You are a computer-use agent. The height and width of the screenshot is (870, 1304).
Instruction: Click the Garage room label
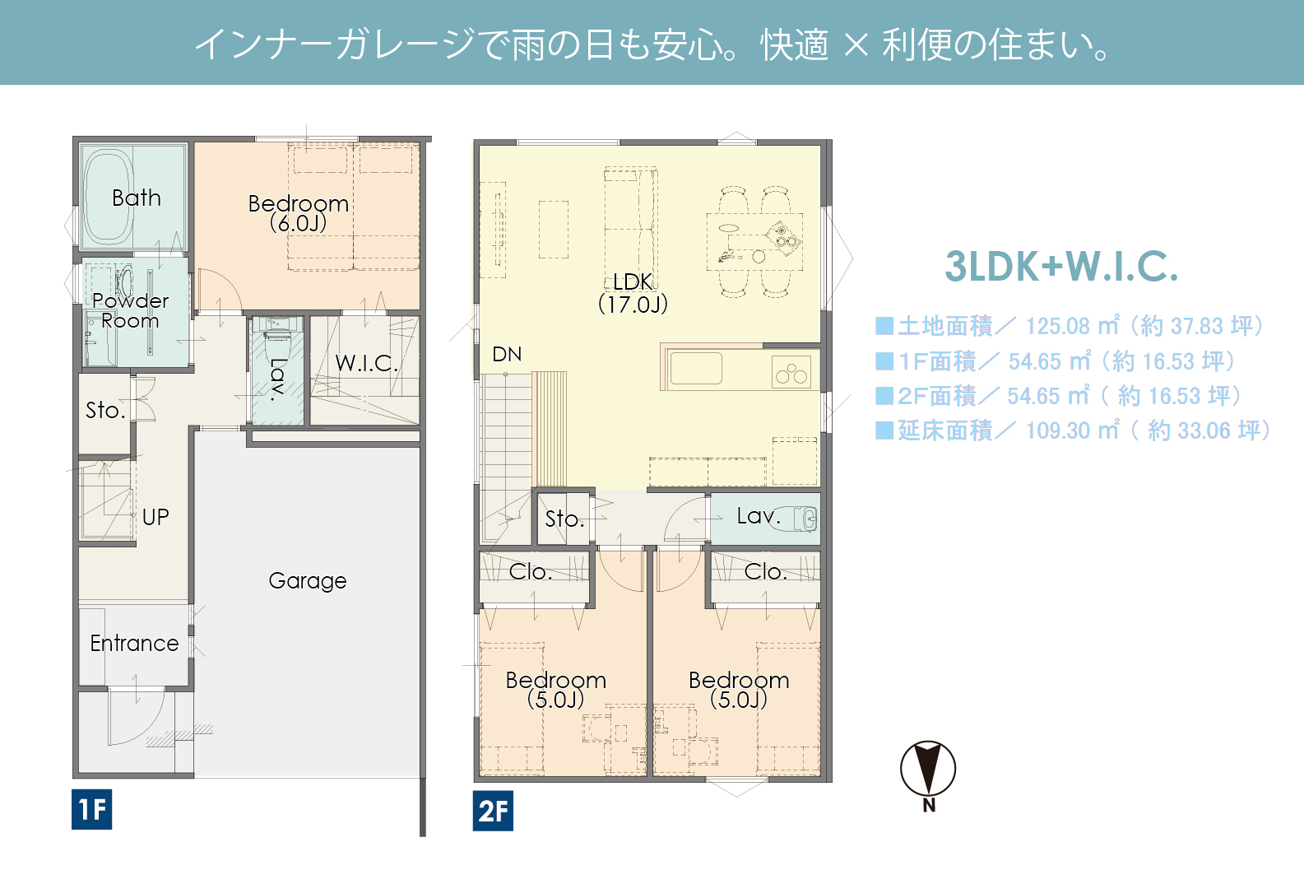308,581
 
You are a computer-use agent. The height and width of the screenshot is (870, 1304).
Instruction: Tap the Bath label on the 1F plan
137,198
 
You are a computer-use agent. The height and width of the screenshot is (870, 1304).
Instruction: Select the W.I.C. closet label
366,363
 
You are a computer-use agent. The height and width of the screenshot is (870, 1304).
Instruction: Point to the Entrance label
134,644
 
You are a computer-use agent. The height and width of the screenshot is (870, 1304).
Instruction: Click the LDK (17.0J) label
633,293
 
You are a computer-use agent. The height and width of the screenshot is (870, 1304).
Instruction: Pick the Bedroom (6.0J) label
298,213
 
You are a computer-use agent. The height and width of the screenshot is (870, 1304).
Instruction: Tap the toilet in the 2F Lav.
797,519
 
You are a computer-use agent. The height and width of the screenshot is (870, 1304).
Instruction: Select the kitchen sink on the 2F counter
696,369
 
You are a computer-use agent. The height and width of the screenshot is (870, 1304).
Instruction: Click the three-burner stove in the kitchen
791,371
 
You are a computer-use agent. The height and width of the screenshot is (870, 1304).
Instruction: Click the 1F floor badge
91,809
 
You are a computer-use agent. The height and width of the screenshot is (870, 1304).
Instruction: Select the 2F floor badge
493,810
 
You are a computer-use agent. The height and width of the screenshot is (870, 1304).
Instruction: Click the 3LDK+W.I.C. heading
1061,267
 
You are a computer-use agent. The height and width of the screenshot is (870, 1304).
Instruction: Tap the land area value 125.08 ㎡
1072,326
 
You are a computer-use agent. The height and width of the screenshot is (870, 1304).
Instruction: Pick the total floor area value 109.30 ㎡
1072,431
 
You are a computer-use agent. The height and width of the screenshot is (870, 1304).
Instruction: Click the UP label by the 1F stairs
155,517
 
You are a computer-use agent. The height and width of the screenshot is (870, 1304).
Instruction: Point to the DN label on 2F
507,354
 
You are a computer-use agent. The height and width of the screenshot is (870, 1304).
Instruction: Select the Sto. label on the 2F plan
564,519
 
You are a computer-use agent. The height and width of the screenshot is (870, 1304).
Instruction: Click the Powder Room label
130,310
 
